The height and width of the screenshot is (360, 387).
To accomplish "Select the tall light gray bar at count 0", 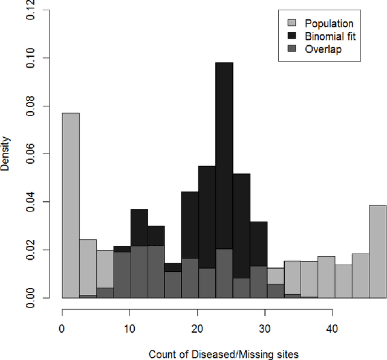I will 71,205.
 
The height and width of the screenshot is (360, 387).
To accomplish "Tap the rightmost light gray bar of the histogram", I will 377,251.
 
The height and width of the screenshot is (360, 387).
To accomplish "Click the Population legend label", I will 329,24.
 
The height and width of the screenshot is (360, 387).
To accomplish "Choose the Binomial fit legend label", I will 331,36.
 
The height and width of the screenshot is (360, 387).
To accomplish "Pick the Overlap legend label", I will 323,49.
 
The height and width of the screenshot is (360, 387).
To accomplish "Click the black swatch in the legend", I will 291,36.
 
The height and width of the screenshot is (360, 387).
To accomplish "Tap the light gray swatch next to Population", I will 291,24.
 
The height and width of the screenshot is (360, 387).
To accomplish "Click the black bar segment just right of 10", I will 139,227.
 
